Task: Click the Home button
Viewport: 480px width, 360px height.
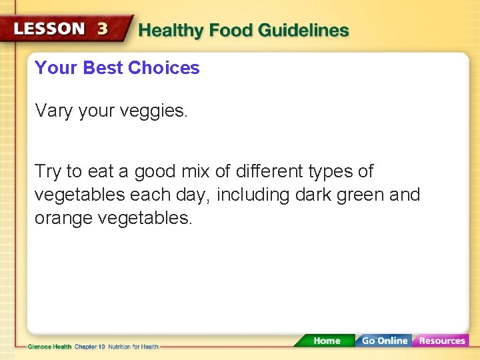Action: coord(326,341)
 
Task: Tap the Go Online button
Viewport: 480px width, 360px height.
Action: coord(384,341)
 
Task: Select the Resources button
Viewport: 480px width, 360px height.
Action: coord(441,341)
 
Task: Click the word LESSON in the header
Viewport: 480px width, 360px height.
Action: coord(49,29)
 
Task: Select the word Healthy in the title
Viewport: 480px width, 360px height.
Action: coord(171,31)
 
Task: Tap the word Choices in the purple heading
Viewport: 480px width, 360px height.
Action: coord(163,68)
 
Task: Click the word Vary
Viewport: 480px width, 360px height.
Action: coord(53,111)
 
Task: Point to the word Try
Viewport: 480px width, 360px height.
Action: coord(47,172)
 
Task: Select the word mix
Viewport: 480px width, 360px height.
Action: coord(197,171)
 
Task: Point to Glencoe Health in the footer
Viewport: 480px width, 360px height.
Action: coord(49,346)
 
